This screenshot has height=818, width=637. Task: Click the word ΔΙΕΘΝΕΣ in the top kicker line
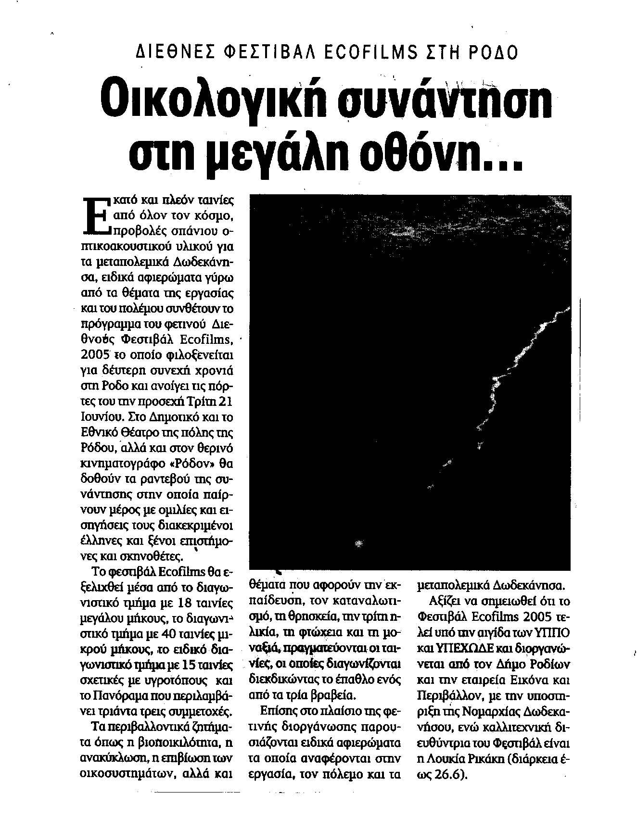click(x=167, y=51)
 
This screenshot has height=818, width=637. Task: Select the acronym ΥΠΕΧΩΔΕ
click(x=459, y=649)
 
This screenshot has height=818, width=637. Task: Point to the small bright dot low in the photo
click(x=357, y=543)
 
